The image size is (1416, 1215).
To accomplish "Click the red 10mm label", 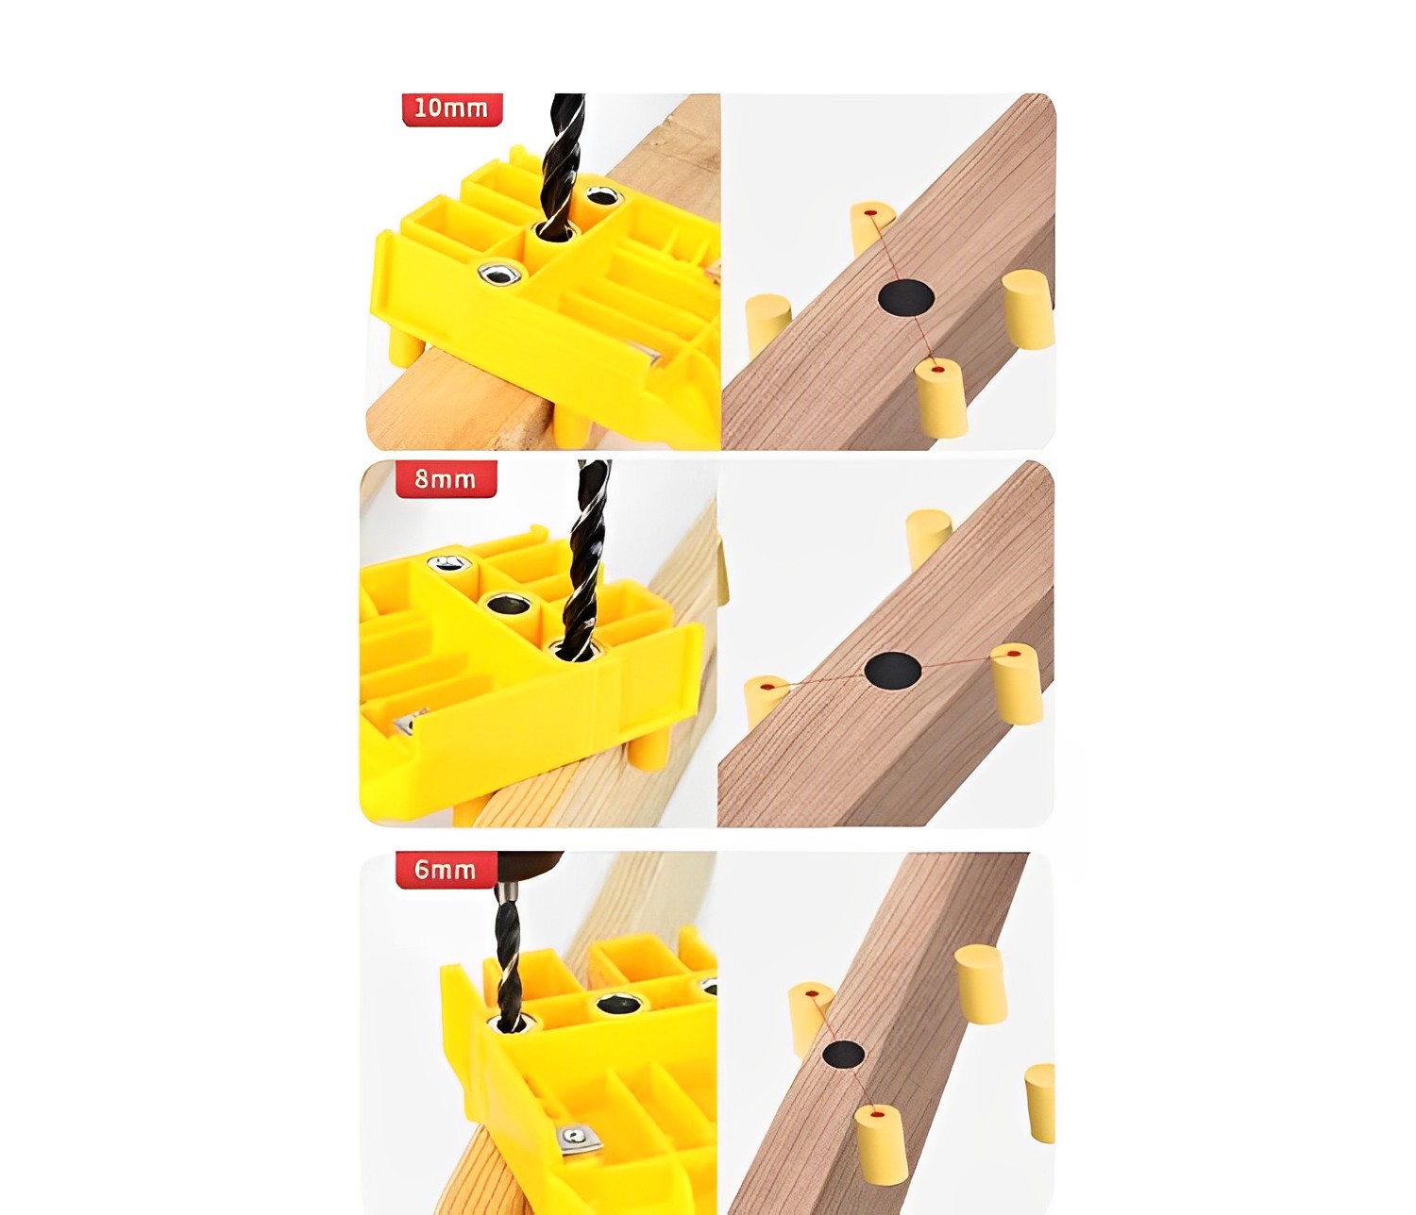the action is tap(452, 108).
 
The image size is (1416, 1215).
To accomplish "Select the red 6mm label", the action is tap(446, 870).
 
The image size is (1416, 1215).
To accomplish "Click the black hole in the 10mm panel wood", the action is tap(905, 298).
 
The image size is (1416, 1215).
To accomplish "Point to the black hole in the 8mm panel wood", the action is tap(893, 670).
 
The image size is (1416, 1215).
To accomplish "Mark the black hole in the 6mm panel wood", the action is tap(843, 1055).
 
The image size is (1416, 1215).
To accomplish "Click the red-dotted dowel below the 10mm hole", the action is tap(940, 399).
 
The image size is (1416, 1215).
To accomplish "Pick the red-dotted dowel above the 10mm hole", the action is tap(871, 226).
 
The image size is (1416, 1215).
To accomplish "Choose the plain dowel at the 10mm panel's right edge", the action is tap(1028, 308).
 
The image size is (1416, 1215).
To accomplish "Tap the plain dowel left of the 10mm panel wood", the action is tap(767, 325).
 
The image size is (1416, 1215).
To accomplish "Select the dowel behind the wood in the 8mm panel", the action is tap(929, 538).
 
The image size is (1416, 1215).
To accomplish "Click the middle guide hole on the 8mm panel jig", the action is tap(508, 606).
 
